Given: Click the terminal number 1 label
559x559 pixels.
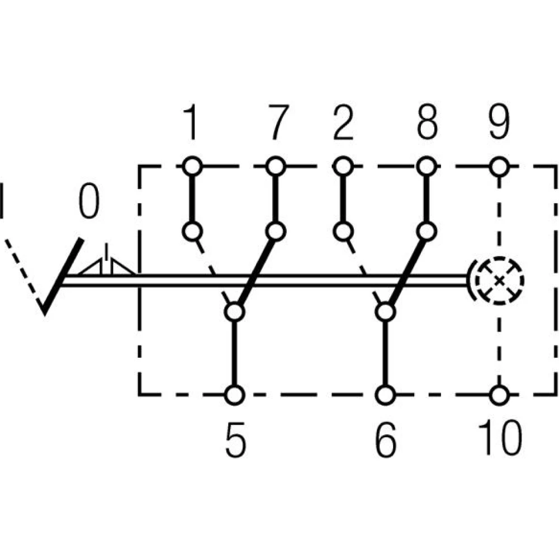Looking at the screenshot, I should (191, 124).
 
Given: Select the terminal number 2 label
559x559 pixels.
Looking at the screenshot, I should (343, 124).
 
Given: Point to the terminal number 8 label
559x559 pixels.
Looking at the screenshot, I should (427, 124).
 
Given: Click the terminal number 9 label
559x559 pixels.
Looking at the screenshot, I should (499, 124).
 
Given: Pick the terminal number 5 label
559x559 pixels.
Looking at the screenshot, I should (235, 440).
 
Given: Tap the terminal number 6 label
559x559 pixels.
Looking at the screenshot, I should (386, 440).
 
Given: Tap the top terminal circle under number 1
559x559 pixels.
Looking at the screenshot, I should (192, 166).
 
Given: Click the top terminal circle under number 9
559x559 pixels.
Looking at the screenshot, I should (499, 166).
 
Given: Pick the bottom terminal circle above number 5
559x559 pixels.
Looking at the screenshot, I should (235, 395).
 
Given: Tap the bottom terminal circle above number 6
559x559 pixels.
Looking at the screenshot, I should (385, 395).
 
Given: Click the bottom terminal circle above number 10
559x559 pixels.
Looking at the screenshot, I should (499, 395).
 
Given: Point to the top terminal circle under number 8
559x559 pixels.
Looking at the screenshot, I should (427, 166).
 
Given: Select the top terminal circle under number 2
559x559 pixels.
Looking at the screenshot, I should (343, 166).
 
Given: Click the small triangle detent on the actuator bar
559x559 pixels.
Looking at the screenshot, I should (106, 266).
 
